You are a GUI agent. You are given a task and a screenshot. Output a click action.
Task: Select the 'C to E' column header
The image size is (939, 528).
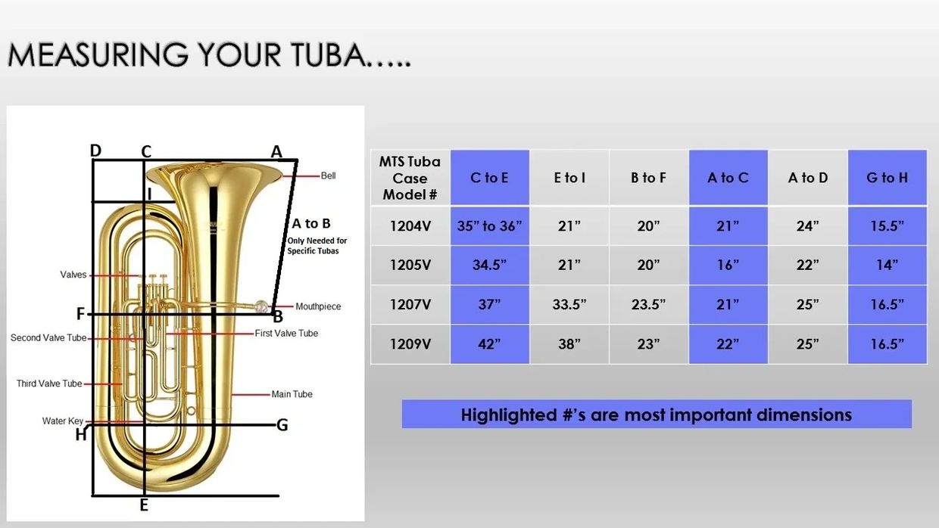[x=490, y=178]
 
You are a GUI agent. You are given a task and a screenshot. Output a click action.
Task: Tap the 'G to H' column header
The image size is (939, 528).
[x=887, y=178]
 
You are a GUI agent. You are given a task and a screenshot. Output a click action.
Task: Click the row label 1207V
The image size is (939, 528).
[x=410, y=304]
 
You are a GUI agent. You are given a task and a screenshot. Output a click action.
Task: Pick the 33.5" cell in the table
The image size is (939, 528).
[x=569, y=304]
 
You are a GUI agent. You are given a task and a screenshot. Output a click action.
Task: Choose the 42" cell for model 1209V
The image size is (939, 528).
[x=490, y=344]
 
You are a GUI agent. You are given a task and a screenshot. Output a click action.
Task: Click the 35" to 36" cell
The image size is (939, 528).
[x=490, y=226]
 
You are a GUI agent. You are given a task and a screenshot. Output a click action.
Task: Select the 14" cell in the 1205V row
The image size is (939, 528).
[x=887, y=265]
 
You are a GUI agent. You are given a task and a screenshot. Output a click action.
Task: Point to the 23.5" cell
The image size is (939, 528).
[x=648, y=304]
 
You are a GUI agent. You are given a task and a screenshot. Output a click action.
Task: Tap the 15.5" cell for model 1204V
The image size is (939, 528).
[x=887, y=226]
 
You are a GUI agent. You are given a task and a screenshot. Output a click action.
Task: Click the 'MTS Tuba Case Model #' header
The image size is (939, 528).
[x=410, y=178]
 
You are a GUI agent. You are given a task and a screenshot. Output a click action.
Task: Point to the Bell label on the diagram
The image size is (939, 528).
[x=328, y=175]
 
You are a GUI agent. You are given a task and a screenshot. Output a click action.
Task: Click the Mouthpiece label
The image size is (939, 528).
[x=318, y=306]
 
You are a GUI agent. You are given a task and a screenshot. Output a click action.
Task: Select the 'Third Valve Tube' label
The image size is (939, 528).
[x=49, y=384]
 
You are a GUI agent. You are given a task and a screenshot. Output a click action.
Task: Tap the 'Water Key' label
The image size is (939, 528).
[x=62, y=421]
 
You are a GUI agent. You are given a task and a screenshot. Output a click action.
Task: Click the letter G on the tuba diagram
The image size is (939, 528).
[x=282, y=425]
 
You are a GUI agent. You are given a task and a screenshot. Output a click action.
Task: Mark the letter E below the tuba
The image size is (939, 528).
[x=144, y=505]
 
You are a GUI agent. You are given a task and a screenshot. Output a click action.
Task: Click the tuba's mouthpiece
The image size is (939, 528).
[x=261, y=306]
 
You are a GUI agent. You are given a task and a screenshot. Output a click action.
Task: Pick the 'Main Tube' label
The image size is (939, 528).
[x=292, y=394]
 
